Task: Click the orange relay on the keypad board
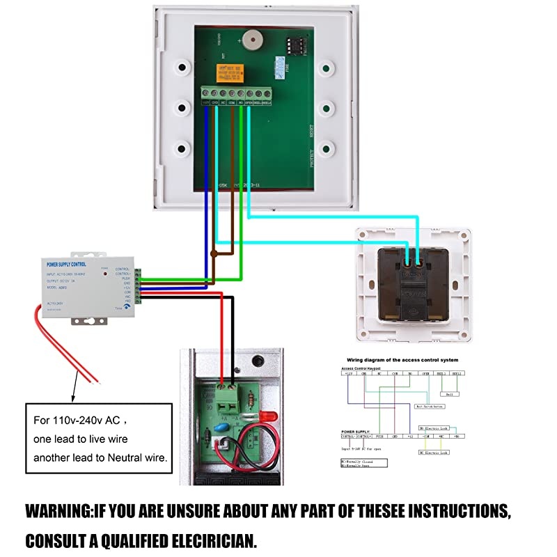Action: click(229, 70)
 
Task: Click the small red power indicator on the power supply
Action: click(105, 274)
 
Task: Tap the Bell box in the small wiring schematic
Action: click(449, 393)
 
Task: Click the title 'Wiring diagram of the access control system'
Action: click(400, 360)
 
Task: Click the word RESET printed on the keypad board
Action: click(311, 132)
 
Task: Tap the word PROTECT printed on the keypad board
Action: click(311, 159)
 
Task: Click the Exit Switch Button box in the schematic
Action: click(429, 405)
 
